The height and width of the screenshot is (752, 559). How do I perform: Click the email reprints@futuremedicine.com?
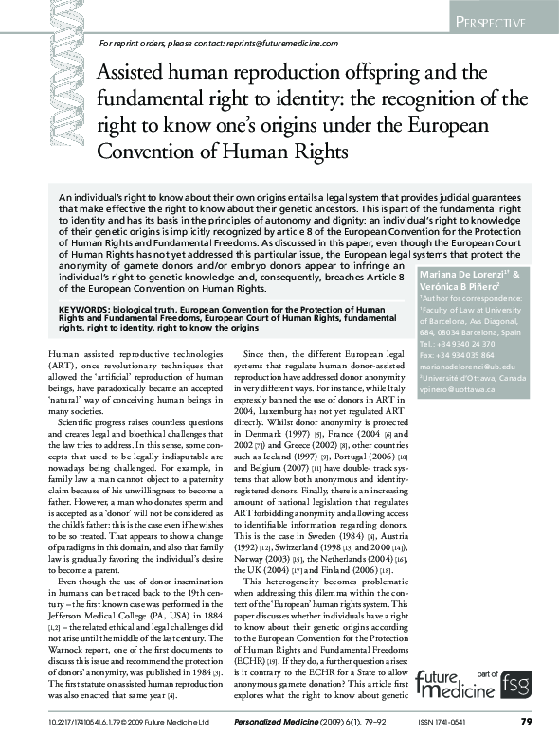279,44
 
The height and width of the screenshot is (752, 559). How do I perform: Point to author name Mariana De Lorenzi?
472,274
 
